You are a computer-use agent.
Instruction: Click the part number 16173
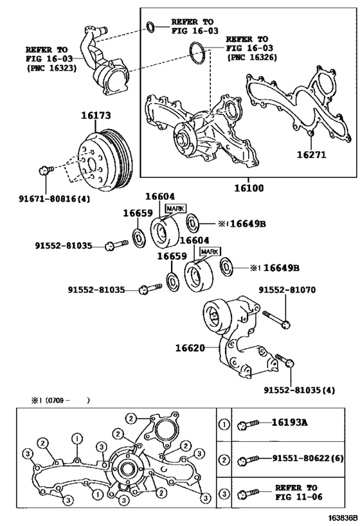tap(96, 116)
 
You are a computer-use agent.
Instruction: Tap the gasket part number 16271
tap(313, 155)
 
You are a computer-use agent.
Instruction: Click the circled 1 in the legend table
tap(224, 423)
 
